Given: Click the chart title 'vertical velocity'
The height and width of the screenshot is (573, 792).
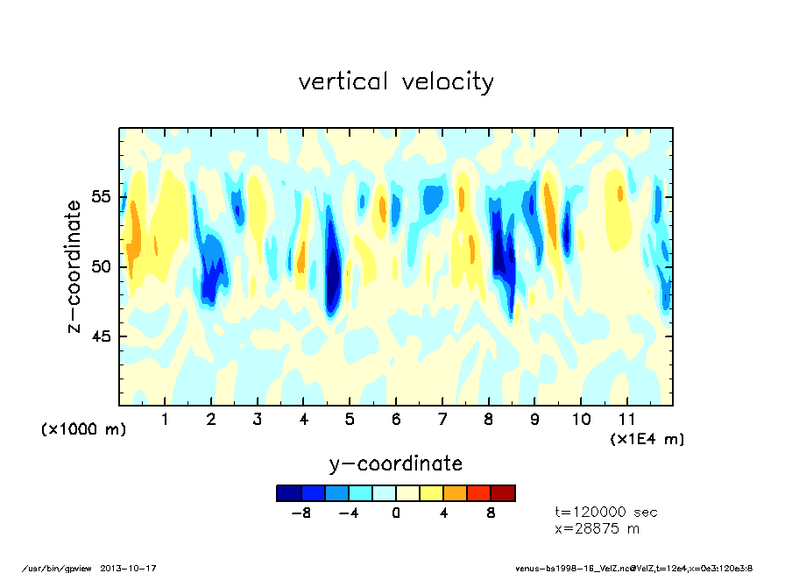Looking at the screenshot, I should (396, 82).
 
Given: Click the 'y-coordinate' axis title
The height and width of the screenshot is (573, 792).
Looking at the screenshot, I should (395, 463).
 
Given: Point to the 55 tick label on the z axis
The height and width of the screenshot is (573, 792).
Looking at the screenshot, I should (102, 196).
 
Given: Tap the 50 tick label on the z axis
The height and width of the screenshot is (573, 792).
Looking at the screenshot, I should (102, 266).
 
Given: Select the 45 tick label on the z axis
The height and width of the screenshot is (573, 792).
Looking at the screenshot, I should (102, 336).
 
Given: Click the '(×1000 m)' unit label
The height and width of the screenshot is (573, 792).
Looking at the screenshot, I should (84, 429).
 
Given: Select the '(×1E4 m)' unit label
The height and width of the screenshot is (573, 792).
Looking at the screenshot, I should (647, 438).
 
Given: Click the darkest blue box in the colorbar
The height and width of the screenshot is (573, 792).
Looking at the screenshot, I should (288, 493).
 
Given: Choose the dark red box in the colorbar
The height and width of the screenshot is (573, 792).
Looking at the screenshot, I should (503, 493).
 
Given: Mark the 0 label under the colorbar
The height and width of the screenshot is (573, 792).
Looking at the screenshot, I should (396, 513).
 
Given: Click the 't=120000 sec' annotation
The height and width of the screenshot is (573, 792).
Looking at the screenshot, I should (605, 513).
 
